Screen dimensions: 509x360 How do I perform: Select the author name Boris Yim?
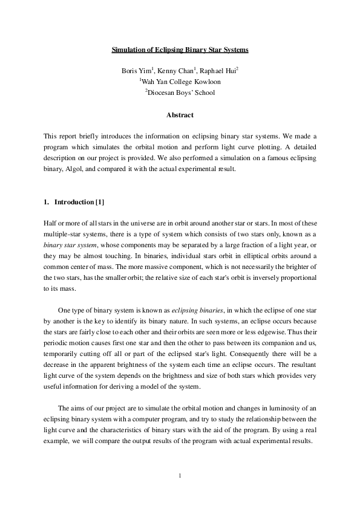click(136, 71)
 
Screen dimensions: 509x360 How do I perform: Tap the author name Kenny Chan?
click(175, 71)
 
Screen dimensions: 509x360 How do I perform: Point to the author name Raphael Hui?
click(218, 71)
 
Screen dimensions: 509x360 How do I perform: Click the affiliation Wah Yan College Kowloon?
click(181, 82)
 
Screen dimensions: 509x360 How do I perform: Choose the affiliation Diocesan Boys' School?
click(181, 92)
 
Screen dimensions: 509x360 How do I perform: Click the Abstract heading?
click(180, 115)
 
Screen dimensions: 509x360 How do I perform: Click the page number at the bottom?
click(180, 476)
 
